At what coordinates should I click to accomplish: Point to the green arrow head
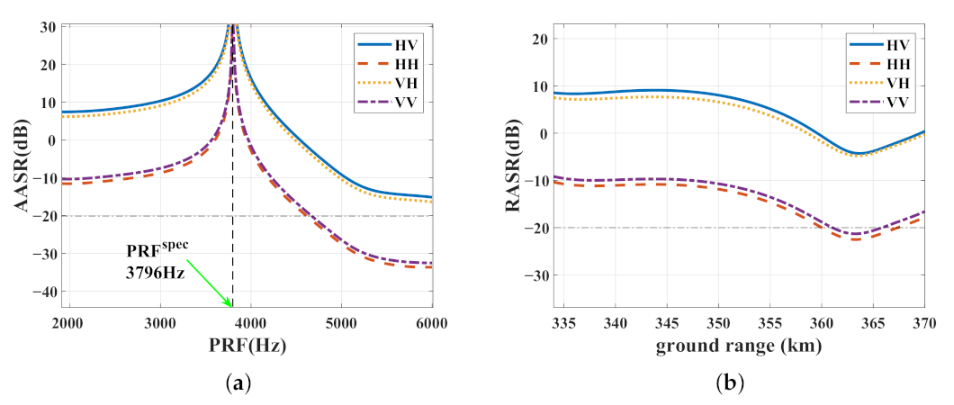click(x=229, y=304)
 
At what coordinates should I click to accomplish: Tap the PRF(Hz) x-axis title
click(x=246, y=346)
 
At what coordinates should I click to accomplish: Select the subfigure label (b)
click(x=731, y=384)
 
